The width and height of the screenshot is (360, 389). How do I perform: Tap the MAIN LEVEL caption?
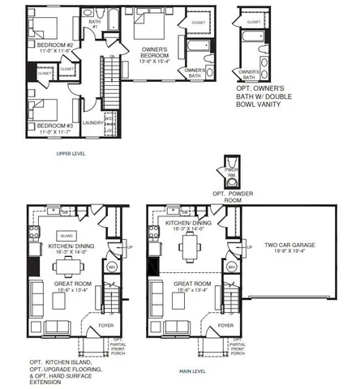195,371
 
